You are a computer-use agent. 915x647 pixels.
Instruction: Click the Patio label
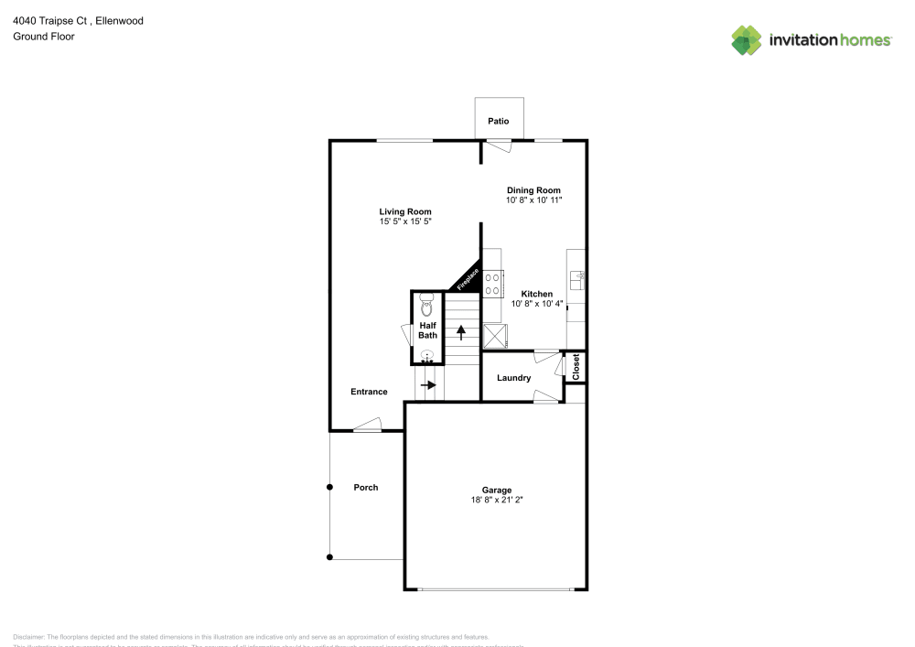point(498,121)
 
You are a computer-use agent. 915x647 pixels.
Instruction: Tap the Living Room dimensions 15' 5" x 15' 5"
point(405,221)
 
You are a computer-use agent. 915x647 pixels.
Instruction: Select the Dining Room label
point(533,190)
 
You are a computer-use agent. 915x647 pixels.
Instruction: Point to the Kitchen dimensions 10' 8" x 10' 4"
point(537,304)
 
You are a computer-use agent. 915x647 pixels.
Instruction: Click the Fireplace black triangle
point(468,278)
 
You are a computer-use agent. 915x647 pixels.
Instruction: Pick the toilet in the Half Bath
point(425,305)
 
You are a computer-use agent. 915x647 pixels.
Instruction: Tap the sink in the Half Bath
point(426,356)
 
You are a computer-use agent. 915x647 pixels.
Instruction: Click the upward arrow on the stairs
point(461,331)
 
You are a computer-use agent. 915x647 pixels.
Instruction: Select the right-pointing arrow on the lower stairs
point(428,384)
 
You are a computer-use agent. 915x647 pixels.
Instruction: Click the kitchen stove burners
point(493,283)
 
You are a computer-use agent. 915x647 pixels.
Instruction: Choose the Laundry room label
point(514,378)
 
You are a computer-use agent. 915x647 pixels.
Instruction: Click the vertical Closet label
point(576,367)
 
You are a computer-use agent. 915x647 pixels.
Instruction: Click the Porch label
point(366,487)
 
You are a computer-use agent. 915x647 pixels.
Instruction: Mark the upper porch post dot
point(330,488)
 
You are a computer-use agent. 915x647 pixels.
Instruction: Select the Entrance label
point(369,392)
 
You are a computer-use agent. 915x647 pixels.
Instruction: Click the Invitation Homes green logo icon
point(747,39)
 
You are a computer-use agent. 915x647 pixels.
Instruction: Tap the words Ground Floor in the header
point(44,37)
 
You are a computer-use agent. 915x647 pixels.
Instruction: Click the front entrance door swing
point(368,425)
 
